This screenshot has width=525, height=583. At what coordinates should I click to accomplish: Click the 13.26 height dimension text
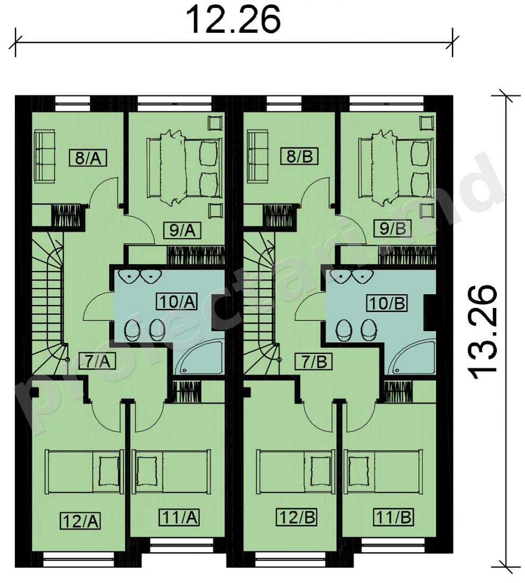tap(482, 332)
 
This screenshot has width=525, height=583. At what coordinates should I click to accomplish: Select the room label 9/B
tap(393, 228)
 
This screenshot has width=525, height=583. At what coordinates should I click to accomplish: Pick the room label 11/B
tap(393, 517)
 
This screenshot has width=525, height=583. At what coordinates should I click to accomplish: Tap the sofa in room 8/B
tap(258, 156)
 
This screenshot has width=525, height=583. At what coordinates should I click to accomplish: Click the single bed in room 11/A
tap(172, 472)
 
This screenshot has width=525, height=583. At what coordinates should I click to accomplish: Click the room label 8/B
tap(300, 156)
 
